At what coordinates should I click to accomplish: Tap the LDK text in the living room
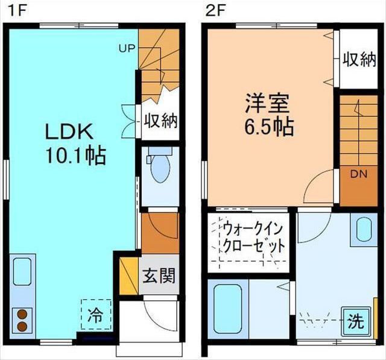[x=68, y=131]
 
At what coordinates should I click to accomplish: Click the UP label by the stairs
[x=126, y=48]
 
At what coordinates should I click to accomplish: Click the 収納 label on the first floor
[x=160, y=121]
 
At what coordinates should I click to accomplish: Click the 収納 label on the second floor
[x=359, y=59]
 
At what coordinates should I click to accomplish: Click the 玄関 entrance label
[x=159, y=276]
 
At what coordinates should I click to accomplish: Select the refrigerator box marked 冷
[x=95, y=314]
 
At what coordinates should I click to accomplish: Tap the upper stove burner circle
[x=22, y=314]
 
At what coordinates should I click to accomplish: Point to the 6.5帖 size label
[x=269, y=127]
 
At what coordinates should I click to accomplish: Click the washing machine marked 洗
[x=355, y=320]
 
